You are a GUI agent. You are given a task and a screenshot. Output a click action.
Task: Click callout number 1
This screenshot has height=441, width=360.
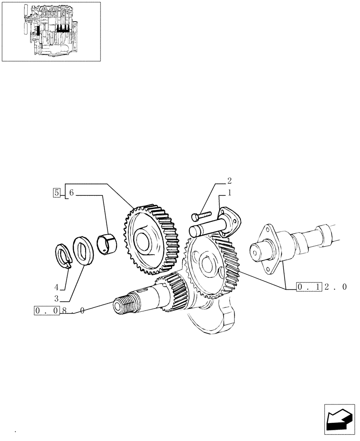click(x=229, y=193)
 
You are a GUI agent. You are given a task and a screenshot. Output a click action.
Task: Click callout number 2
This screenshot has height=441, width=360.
click(x=229, y=180)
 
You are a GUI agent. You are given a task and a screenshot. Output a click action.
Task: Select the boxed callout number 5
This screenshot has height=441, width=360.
click(x=56, y=193)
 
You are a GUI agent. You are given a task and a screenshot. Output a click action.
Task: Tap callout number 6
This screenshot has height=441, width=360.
click(x=71, y=193)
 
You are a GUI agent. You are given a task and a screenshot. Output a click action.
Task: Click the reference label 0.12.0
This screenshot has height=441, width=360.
click(x=322, y=287)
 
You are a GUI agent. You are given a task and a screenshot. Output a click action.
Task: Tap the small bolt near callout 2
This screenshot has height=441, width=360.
click(x=201, y=216)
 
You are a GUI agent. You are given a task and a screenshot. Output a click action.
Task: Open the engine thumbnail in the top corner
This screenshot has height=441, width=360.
click(x=51, y=31)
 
